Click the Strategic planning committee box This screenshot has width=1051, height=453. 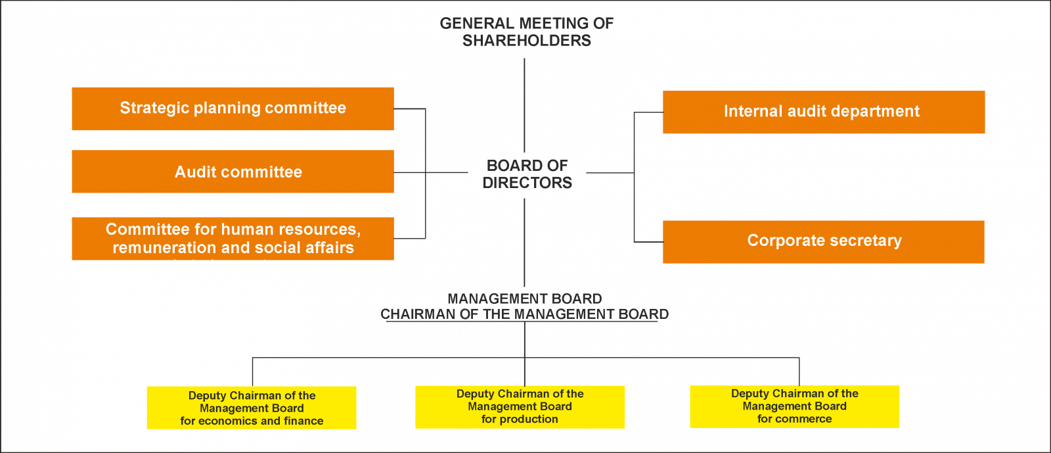pyautogui.click(x=233, y=108)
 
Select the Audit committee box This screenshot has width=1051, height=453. pyautogui.click(x=233, y=172)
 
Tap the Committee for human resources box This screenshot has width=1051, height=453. pyautogui.click(x=233, y=239)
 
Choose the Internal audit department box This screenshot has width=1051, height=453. pyautogui.click(x=824, y=112)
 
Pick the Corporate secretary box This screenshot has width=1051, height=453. pyautogui.click(x=824, y=242)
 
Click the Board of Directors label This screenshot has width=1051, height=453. pyautogui.click(x=527, y=174)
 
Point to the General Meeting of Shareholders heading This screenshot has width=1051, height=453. pyautogui.click(x=526, y=32)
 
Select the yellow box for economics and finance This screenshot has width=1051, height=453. pyautogui.click(x=252, y=408)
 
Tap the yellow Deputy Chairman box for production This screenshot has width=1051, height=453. pyautogui.click(x=520, y=407)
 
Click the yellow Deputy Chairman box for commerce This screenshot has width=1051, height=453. pyautogui.click(x=795, y=406)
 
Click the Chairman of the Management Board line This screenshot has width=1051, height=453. pyautogui.click(x=525, y=314)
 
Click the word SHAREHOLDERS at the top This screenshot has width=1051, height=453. pyautogui.click(x=526, y=41)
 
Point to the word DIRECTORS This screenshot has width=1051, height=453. pyautogui.click(x=527, y=183)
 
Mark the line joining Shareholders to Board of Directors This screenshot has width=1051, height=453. pyautogui.click(x=524, y=105)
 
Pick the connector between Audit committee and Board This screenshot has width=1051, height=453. pyautogui.click(x=431, y=172)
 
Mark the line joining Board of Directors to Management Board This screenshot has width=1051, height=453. pyautogui.click(x=524, y=243)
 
